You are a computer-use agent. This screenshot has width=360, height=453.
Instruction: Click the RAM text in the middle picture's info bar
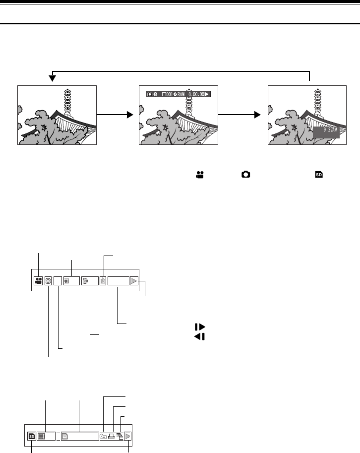click(x=180, y=94)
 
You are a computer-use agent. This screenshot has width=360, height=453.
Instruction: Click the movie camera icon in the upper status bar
click(x=38, y=280)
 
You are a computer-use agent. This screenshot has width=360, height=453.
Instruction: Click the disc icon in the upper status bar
click(x=85, y=280)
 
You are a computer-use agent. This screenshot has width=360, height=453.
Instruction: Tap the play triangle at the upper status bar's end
click(x=134, y=280)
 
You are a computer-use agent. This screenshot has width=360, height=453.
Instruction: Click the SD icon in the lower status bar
click(x=32, y=437)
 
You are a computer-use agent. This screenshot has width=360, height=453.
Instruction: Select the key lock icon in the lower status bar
click(x=103, y=437)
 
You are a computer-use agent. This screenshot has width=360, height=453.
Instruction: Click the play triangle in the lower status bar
click(x=128, y=437)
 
